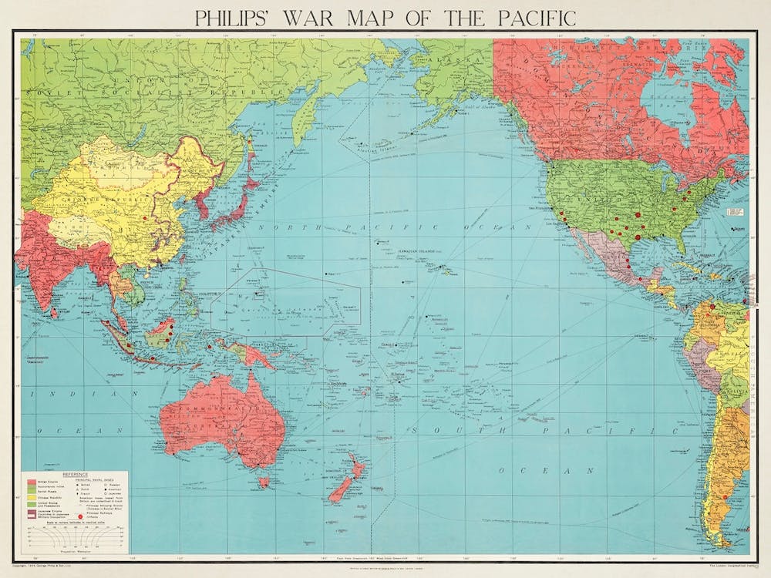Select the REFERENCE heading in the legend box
pyautogui.click(x=76, y=475)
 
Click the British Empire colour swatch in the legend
pyautogui.click(x=32, y=482)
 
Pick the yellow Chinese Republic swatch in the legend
pyautogui.click(x=32, y=499)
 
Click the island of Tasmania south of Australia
pyautogui.click(x=264, y=482)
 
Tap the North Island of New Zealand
pyautogui.click(x=355, y=466)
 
